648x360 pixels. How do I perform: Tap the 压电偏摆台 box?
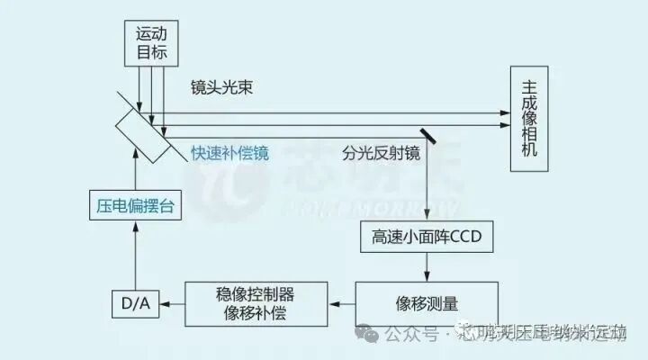[134, 205]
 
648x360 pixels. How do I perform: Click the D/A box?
[134, 305]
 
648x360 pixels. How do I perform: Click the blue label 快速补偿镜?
[229, 152]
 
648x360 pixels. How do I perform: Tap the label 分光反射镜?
[382, 153]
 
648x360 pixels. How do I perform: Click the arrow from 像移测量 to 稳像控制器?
[342, 303]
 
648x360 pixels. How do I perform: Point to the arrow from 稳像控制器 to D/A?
[170, 304]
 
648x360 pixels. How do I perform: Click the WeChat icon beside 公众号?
[367, 334]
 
